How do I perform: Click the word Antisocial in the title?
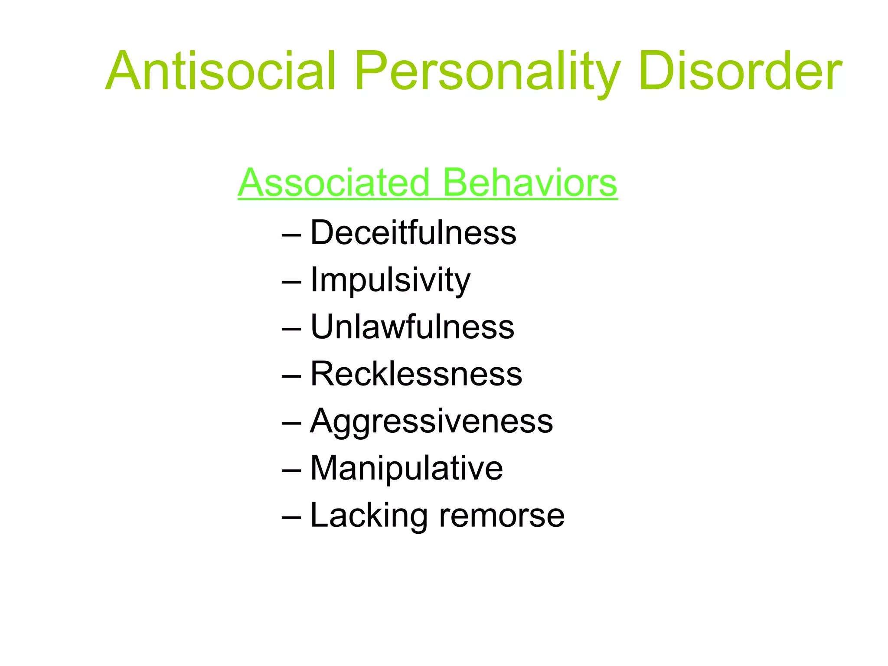[221, 71]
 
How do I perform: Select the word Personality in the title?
[487, 71]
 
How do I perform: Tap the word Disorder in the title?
[740, 71]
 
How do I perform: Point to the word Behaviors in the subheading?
[530, 183]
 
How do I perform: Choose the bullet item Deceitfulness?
[413, 233]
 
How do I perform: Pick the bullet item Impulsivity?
[390, 280]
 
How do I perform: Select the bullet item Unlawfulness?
[412, 327]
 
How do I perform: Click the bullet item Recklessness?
[416, 374]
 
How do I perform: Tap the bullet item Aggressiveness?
[431, 421]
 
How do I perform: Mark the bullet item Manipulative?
[407, 468]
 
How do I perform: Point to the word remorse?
[502, 516]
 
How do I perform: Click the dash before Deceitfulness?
[291, 235]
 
